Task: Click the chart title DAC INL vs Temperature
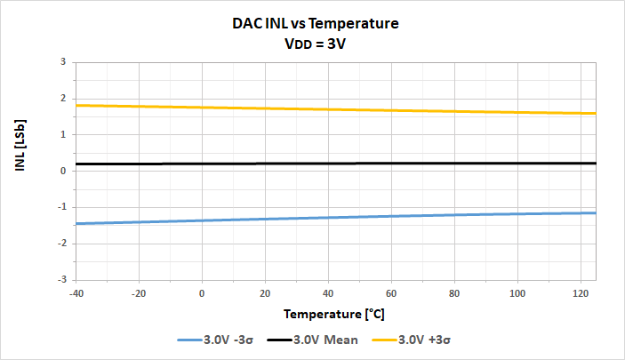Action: (312, 25)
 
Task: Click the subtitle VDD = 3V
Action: (312, 44)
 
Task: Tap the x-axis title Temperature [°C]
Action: (334, 314)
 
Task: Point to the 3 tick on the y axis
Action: (63, 62)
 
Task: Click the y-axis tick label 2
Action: (63, 99)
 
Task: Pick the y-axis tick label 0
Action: (63, 171)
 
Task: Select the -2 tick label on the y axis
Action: (61, 243)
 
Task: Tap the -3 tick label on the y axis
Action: (61, 279)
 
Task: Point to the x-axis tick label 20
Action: (265, 292)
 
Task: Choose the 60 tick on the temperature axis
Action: (391, 292)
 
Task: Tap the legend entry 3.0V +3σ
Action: (428, 340)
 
